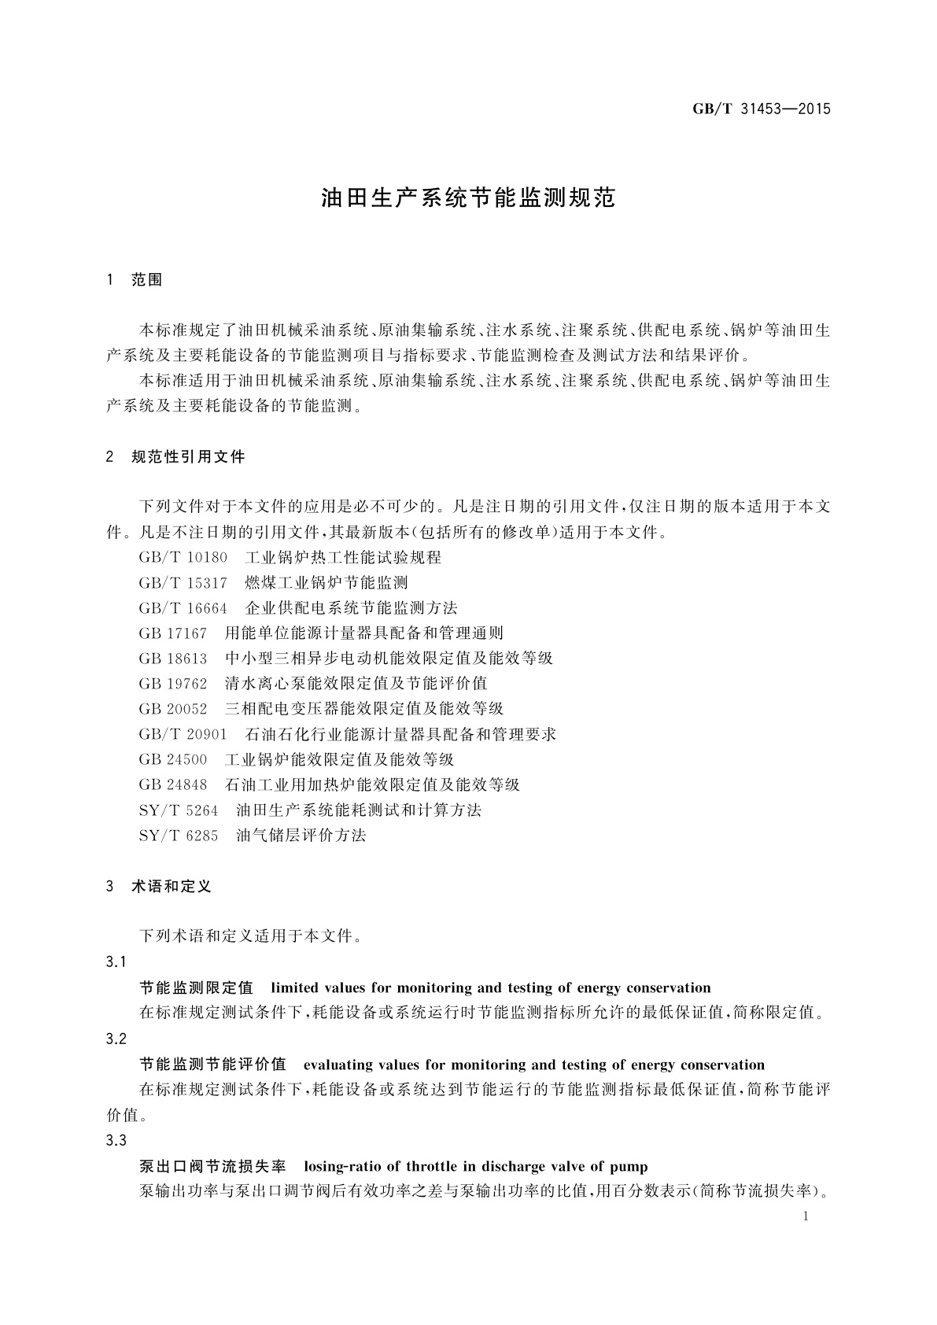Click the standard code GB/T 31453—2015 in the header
tap(761, 109)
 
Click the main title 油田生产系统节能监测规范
tap(467, 198)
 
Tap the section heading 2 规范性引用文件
tap(175, 456)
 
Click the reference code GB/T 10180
tap(183, 558)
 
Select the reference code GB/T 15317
tap(183, 583)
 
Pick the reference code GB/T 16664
tap(183, 608)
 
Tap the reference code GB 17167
tap(172, 633)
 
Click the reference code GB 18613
tap(172, 659)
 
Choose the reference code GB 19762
tap(172, 684)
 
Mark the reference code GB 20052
tap(172, 709)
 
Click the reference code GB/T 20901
tap(183, 734)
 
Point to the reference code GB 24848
tap(172, 784)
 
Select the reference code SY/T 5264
tap(178, 810)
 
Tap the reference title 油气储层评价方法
tap(301, 835)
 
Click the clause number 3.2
tap(116, 1039)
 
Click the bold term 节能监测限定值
tap(196, 988)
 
